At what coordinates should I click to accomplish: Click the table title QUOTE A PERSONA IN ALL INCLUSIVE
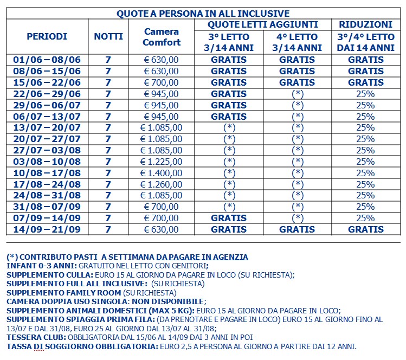[203, 14]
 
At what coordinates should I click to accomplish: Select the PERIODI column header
[47, 36]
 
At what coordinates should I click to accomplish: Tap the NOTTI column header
[108, 36]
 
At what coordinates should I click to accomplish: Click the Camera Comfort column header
[162, 36]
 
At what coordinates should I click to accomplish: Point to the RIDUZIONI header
[365, 24]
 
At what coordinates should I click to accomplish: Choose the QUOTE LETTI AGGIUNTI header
[263, 24]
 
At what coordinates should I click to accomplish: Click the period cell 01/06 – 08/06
[47, 60]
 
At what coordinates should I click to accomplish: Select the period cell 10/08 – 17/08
[47, 173]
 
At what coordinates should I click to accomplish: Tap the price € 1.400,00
[162, 173]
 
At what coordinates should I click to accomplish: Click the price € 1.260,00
[162, 184]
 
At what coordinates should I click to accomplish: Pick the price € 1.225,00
[162, 162]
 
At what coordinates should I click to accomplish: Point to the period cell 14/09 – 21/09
[47, 229]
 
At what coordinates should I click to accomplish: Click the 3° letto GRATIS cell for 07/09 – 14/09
[229, 218]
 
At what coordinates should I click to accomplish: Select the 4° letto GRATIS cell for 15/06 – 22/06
[297, 82]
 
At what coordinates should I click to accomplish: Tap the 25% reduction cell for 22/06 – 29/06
[365, 94]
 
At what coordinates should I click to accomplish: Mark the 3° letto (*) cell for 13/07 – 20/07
[229, 127]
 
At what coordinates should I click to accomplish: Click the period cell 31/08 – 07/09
[47, 207]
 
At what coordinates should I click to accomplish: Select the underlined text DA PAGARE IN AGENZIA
[202, 256]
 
